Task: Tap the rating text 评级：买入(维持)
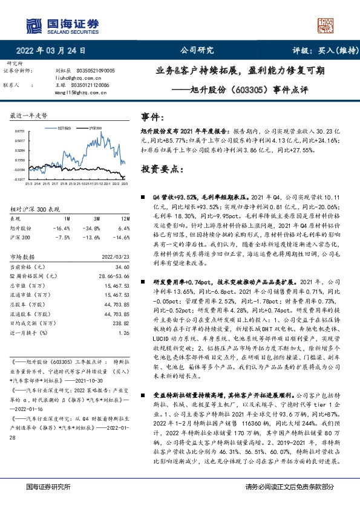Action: [x=318, y=51]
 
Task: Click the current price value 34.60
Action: [x=122, y=267]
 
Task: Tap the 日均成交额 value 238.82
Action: [x=121, y=324]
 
